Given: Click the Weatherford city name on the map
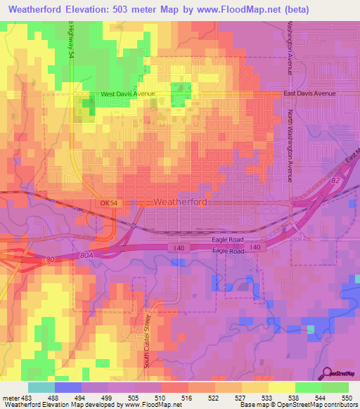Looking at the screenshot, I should pos(180,202).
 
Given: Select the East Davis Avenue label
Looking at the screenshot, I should pos(311,93).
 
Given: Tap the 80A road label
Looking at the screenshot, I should pos(86,256).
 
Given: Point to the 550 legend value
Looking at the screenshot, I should pos(347,398).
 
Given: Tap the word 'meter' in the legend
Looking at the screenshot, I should pos(11,398).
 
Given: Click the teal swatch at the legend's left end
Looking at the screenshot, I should pos(41,387).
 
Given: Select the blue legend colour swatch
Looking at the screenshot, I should pos(67,387).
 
